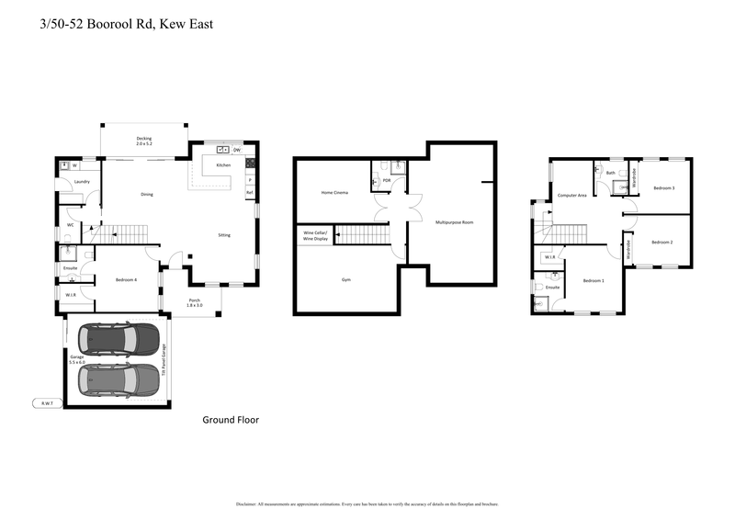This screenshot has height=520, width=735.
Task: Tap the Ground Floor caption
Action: pos(231,420)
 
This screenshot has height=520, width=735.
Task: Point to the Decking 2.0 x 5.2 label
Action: pos(144,141)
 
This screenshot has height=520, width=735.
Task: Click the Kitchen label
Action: pos(223,164)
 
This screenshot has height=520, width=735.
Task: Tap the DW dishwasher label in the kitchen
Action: pos(236,149)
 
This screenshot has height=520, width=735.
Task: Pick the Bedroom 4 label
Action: pos(126,279)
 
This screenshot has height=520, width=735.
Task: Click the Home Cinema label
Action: pos(334,192)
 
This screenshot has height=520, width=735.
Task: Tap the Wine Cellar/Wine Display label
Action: pos(314,235)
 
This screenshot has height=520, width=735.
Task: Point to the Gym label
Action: pos(346,279)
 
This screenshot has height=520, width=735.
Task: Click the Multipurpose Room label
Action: pos(454,222)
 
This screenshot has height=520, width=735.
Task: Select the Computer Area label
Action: pos(571,195)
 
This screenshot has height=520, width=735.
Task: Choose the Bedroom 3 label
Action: pos(663,187)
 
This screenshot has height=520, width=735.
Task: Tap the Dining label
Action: pos(146,194)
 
